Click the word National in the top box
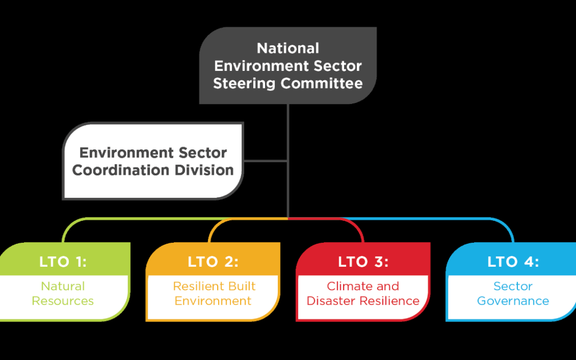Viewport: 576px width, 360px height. click(x=288, y=49)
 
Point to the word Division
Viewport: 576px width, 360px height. click(x=206, y=170)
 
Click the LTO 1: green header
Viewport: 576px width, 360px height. click(x=63, y=262)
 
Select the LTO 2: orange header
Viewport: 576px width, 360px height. click(x=213, y=262)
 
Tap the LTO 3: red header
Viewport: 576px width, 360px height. click(x=363, y=262)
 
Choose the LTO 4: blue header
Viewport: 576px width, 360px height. click(x=513, y=262)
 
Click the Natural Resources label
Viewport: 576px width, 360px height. click(x=63, y=293)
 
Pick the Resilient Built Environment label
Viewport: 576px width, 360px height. click(x=213, y=293)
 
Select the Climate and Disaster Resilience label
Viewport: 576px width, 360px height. click(x=363, y=293)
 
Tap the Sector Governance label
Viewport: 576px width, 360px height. click(x=513, y=293)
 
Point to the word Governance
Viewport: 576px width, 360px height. click(x=513, y=301)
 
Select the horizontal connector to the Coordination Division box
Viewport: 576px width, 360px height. click(x=266, y=161)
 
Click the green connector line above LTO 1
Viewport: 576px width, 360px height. click(x=133, y=219)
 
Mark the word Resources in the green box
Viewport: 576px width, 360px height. click(x=63, y=301)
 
